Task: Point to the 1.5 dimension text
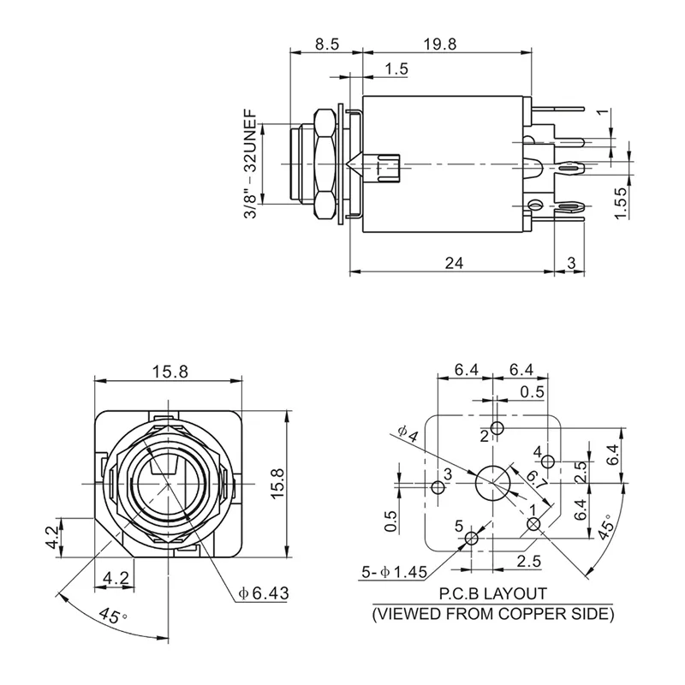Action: (x=396, y=68)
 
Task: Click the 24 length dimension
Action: (x=455, y=264)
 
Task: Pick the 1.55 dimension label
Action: (x=622, y=203)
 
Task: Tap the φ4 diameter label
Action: (x=408, y=435)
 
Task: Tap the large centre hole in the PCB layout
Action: (x=491, y=483)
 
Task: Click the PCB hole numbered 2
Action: (x=498, y=428)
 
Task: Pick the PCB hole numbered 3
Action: (x=438, y=488)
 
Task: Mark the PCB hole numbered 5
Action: (x=470, y=539)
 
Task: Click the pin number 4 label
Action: (x=537, y=451)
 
